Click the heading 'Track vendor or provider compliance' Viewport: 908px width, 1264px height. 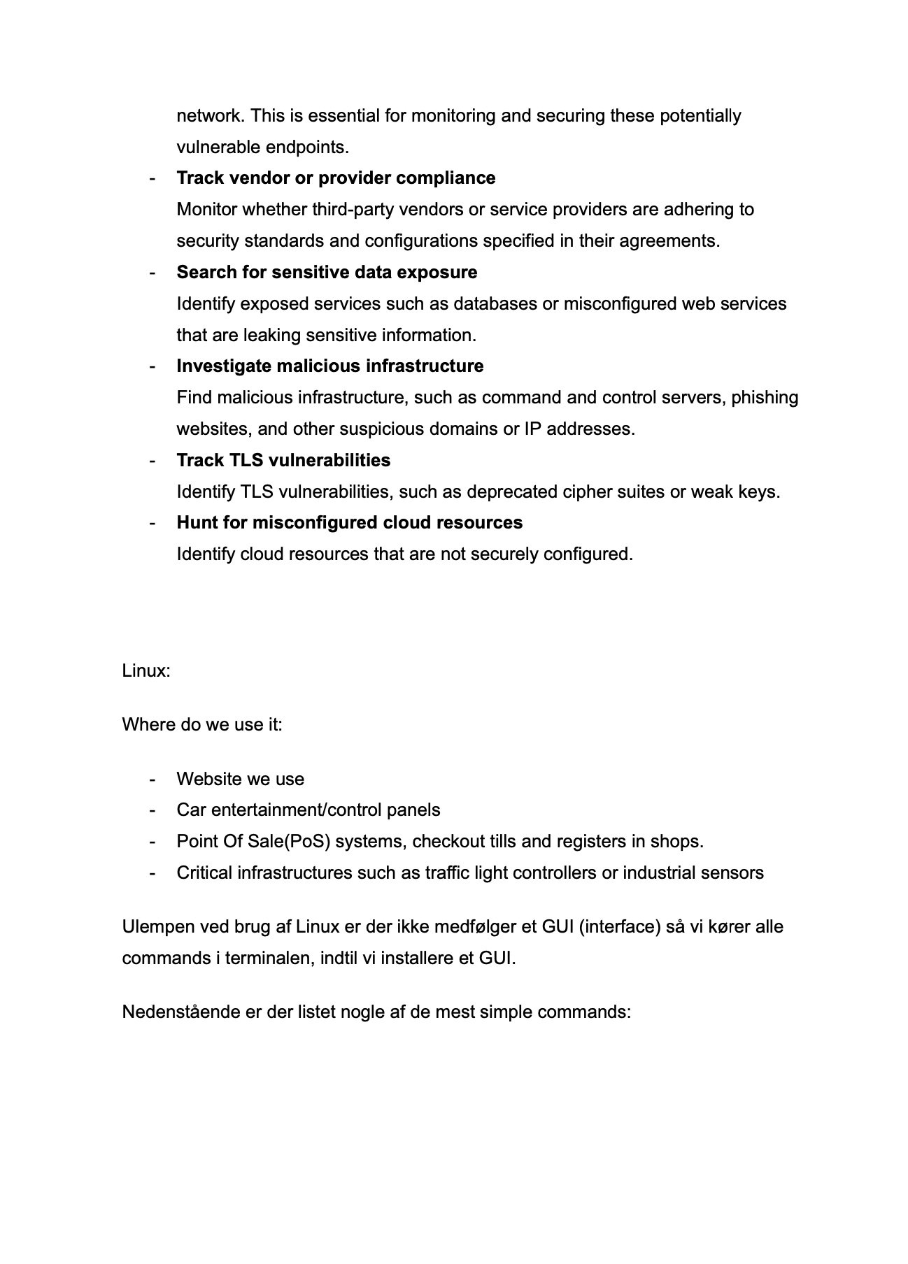click(x=336, y=178)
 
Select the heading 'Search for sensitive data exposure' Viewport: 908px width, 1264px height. click(x=327, y=273)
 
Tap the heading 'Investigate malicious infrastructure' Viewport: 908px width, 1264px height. click(x=329, y=366)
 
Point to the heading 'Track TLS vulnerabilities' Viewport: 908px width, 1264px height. click(x=283, y=461)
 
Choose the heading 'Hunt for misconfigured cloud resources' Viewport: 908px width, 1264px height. click(x=349, y=523)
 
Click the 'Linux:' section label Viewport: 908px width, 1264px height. click(x=146, y=671)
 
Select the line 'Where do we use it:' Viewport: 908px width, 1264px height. click(x=202, y=724)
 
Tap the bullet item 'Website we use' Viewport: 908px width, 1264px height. click(x=240, y=780)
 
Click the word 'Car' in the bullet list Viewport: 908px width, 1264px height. click(x=191, y=810)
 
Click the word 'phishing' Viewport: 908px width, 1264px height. click(x=765, y=398)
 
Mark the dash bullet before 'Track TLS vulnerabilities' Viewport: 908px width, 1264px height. click(x=152, y=461)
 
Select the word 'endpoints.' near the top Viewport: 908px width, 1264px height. click(x=307, y=148)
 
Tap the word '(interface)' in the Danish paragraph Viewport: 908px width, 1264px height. click(x=620, y=927)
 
